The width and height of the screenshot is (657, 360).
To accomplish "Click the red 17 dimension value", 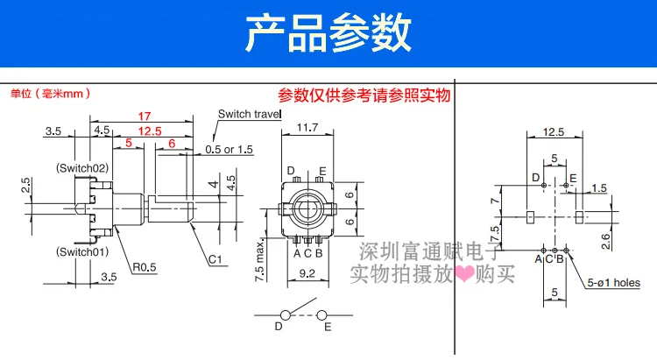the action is (x=145, y=116).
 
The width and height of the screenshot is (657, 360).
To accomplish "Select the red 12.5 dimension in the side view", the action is (x=150, y=131).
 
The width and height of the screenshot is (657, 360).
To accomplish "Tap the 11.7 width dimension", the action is (x=307, y=127).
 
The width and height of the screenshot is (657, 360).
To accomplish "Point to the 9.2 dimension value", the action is (x=307, y=273).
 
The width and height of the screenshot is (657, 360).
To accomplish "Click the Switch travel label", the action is (x=250, y=114).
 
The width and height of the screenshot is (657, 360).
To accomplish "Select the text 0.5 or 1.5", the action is (x=230, y=150).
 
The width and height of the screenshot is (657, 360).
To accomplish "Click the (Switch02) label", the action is (x=82, y=168).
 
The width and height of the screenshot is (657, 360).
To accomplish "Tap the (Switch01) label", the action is (x=82, y=252).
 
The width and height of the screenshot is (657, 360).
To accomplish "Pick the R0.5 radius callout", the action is (x=145, y=267).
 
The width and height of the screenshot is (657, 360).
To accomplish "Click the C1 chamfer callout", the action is (x=215, y=259).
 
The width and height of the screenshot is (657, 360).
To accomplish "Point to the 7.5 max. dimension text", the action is (x=260, y=260).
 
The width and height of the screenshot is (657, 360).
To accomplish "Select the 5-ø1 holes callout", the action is (x=614, y=283).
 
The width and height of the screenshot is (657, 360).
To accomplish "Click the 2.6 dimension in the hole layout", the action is (x=606, y=242).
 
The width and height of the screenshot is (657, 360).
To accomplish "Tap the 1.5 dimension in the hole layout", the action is (x=599, y=187).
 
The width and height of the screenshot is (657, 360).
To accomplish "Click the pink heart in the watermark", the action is (x=463, y=273).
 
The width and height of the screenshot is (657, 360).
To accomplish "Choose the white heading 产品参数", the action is (x=328, y=32).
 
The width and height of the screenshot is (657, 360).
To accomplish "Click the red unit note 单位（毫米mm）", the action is (x=50, y=93).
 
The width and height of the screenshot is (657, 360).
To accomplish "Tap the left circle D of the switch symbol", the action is (x=286, y=315).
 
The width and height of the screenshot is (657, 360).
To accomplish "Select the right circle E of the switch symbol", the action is (x=321, y=315).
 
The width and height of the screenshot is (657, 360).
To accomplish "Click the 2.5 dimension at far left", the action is (x=26, y=185).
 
